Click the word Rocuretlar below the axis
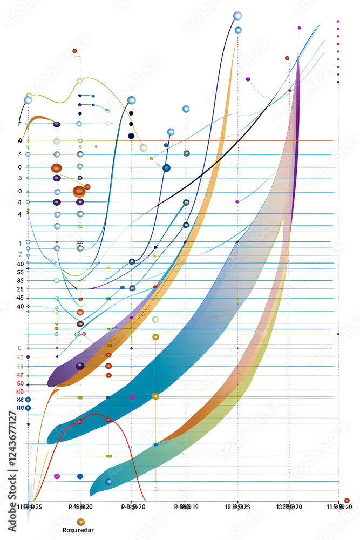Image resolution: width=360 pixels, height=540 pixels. click(x=78, y=530)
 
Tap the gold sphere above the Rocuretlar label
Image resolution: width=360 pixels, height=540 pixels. click(x=80, y=522)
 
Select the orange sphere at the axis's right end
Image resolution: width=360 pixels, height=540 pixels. click(x=347, y=501)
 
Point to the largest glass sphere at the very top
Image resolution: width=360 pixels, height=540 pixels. click(x=237, y=16)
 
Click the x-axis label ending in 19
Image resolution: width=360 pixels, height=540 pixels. click(x=186, y=507)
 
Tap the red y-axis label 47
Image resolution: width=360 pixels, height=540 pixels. click(x=20, y=375)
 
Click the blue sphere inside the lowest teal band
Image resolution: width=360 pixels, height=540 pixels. click(x=108, y=482)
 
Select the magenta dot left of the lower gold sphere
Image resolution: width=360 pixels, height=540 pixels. click(x=132, y=397)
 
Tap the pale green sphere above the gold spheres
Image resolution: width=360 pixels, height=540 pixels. click(x=155, y=320)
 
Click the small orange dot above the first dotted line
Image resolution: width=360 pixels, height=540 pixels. click(x=74, y=51)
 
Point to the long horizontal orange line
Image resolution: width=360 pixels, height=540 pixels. click(x=216, y=141)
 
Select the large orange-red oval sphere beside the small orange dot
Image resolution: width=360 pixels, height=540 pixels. click(x=79, y=191)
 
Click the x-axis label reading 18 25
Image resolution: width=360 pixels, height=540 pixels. click(x=237, y=507)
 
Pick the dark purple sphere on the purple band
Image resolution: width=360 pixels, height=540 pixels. click(x=80, y=366)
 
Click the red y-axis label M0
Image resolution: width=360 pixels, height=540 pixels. click(x=20, y=391)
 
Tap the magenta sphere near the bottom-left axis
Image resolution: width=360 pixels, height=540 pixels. click(x=57, y=476)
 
